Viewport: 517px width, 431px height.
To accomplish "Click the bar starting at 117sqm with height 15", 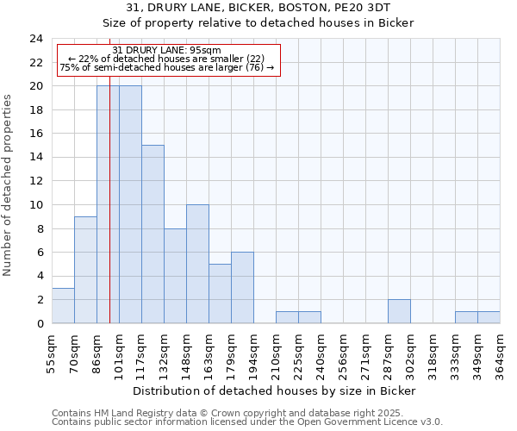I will tap(153, 234).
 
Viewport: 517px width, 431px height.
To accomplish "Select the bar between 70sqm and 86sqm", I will tap(85, 270).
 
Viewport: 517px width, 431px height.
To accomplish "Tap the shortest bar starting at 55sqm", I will tap(63, 305).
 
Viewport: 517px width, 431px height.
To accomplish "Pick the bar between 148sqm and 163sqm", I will tap(197, 264).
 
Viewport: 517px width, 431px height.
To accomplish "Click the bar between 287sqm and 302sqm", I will tap(399, 311).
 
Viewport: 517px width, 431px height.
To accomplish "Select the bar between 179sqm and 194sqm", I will tap(242, 288).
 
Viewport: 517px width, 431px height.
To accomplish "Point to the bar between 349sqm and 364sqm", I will tap(489, 317).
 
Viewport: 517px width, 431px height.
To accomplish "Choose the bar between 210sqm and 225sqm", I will tap(287, 317).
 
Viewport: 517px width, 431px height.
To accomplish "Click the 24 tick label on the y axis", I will tap(36, 39).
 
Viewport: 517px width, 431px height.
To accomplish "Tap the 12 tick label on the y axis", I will tap(36, 181).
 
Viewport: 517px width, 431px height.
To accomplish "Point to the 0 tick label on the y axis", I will tap(40, 323).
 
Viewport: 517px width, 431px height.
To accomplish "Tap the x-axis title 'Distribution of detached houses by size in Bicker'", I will tap(276, 390).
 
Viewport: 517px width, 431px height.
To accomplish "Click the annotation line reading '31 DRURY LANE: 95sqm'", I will tap(167, 50).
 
